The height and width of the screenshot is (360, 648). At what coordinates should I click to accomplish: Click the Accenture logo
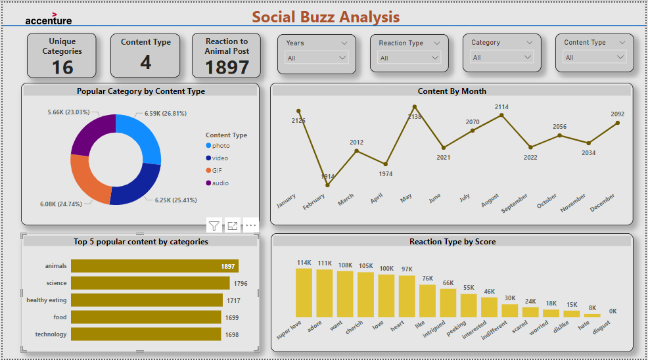49,18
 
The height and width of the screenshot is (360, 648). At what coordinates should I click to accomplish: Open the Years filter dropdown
317,58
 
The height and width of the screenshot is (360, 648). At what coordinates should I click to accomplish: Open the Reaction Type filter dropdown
409,58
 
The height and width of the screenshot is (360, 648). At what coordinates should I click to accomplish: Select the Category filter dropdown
502,58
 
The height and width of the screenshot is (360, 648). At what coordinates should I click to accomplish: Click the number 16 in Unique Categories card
62,67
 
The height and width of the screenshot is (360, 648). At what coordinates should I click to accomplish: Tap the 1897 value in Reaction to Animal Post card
227,67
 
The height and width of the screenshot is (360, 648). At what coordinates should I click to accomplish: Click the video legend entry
220,158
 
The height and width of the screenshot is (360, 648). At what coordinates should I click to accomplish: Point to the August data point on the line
502,116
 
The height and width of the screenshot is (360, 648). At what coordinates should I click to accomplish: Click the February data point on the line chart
327,185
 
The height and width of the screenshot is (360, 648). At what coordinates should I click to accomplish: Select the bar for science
150,283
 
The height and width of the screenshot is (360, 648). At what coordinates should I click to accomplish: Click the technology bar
145,334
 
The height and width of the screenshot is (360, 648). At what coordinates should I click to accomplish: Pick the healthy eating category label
47,300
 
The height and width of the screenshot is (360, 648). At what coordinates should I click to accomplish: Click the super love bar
304,293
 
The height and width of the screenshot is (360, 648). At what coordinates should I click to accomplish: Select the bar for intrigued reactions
448,303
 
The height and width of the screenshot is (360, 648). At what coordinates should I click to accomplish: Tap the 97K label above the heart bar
407,269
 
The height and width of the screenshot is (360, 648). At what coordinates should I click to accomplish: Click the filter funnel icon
214,226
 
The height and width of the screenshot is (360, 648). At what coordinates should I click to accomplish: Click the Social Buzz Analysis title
326,17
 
